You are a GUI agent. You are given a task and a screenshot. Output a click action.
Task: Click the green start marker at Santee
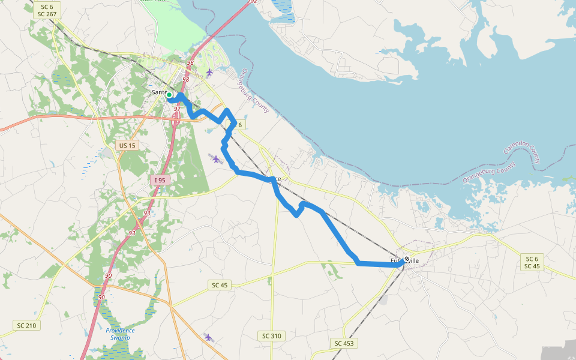click(169, 95)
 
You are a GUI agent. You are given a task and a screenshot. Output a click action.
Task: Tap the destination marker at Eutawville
click(407, 259)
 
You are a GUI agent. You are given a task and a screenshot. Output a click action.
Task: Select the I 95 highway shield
click(160, 180)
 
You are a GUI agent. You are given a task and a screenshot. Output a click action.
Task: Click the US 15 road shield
click(127, 145)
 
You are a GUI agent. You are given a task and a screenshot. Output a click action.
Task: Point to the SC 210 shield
click(26, 325)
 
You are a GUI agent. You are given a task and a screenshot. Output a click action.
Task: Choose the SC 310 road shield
click(272, 336)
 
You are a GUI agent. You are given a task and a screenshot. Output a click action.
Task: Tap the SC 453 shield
click(345, 343)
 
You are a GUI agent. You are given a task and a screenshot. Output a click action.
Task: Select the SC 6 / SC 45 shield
click(532, 262)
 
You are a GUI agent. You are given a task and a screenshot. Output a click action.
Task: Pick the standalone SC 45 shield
click(220, 285)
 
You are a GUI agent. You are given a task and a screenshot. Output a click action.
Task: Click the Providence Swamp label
click(120, 334)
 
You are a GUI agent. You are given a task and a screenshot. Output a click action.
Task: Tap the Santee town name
click(159, 92)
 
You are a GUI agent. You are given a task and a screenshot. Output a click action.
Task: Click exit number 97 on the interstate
click(177, 109)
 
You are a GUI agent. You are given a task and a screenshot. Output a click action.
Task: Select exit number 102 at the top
click(252, 2)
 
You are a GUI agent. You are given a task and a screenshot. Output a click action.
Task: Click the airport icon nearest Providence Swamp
click(208, 337)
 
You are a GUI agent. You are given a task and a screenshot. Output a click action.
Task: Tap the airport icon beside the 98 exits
click(209, 73)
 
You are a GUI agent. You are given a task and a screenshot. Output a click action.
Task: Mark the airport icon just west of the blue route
click(216, 159)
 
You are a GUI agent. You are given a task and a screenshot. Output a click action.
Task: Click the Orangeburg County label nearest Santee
click(254, 90)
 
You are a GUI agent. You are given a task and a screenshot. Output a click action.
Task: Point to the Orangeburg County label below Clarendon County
click(488, 172)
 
